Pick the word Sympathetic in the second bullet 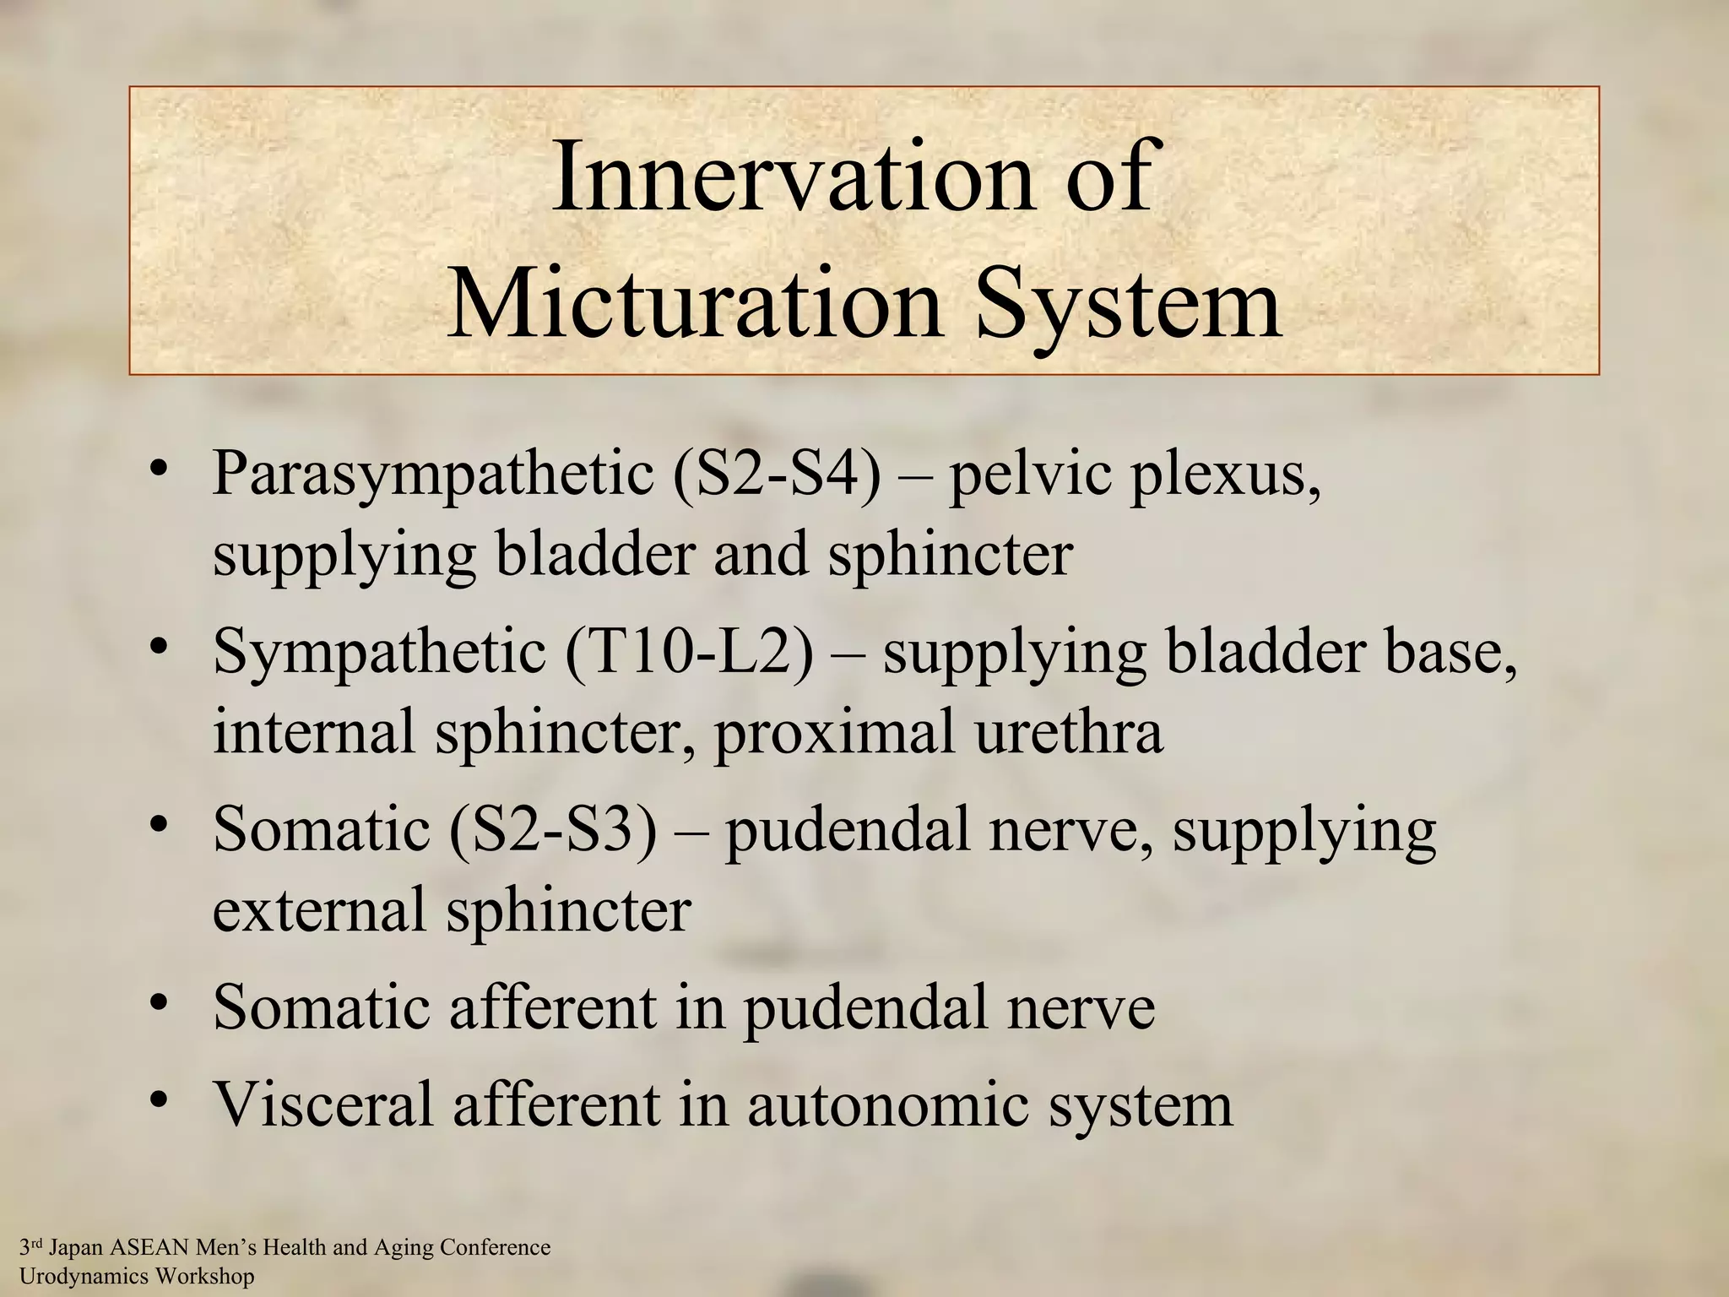click(x=379, y=652)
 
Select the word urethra click(x=1069, y=731)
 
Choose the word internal click(x=314, y=731)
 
